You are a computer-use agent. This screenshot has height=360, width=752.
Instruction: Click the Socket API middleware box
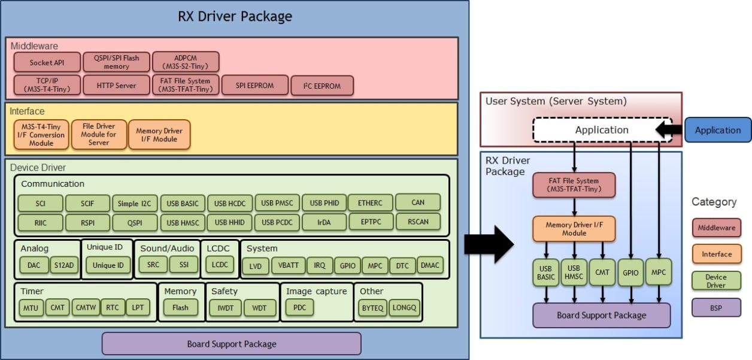(x=47, y=62)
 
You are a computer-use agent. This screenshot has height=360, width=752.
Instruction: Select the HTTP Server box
(x=117, y=86)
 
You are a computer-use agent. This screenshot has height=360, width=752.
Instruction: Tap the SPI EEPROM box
(x=254, y=86)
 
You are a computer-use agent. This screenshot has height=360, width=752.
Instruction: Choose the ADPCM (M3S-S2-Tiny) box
(x=186, y=62)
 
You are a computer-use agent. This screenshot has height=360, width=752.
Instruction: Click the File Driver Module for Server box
(x=99, y=134)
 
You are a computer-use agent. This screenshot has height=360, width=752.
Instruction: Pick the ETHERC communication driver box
(x=370, y=203)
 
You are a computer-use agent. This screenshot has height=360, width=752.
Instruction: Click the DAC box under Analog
(x=34, y=265)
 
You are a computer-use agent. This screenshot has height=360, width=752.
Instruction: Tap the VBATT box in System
(x=288, y=265)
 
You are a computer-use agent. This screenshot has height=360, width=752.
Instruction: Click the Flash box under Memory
(x=180, y=308)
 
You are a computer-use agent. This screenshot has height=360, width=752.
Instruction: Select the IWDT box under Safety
(x=225, y=308)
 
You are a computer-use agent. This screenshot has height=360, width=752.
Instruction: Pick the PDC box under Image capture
(x=299, y=308)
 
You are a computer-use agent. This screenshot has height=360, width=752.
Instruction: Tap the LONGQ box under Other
(x=405, y=308)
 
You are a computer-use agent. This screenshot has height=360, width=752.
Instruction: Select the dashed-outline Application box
(x=602, y=130)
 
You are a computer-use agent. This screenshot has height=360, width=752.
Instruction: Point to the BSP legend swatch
(x=717, y=307)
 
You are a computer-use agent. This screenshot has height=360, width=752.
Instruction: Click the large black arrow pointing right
(x=489, y=244)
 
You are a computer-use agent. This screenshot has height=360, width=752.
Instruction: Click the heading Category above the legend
(x=714, y=202)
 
